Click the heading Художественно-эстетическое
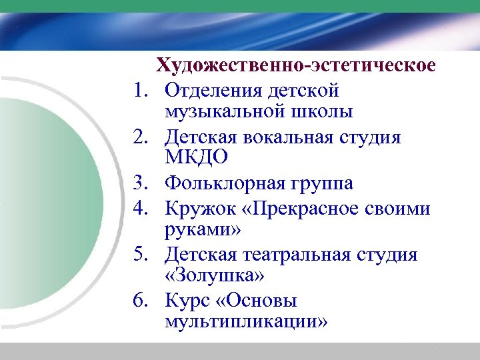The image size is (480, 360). [296, 66]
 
